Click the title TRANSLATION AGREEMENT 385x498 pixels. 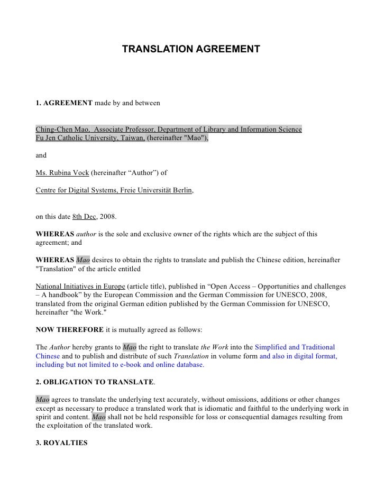tap(191, 49)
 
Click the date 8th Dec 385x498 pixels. tap(84, 216)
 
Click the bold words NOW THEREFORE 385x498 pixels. tap(69, 329)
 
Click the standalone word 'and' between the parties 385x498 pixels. tap(41, 155)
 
